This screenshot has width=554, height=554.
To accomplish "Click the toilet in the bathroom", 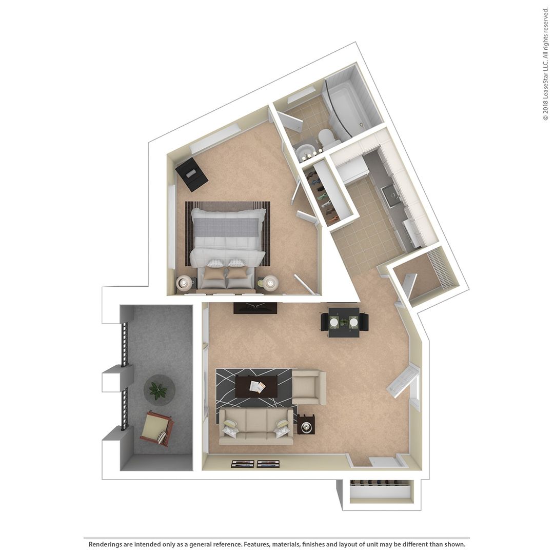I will click(326, 138).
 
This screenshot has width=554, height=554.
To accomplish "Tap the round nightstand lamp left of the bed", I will click(184, 283).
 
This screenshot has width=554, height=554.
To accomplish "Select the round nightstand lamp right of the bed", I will click(270, 282).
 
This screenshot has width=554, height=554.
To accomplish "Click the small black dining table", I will click(344, 322).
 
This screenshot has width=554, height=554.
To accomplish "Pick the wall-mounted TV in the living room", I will click(255, 308).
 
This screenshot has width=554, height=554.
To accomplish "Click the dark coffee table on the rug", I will click(256, 386).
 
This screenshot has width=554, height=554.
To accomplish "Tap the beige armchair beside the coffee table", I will click(308, 387).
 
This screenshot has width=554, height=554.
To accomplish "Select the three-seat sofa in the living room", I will click(256, 426).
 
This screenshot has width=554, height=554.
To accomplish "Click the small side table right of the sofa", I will click(306, 425).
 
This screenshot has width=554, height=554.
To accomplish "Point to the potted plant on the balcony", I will click(159, 391).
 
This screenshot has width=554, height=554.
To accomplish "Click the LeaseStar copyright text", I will click(545, 64).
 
